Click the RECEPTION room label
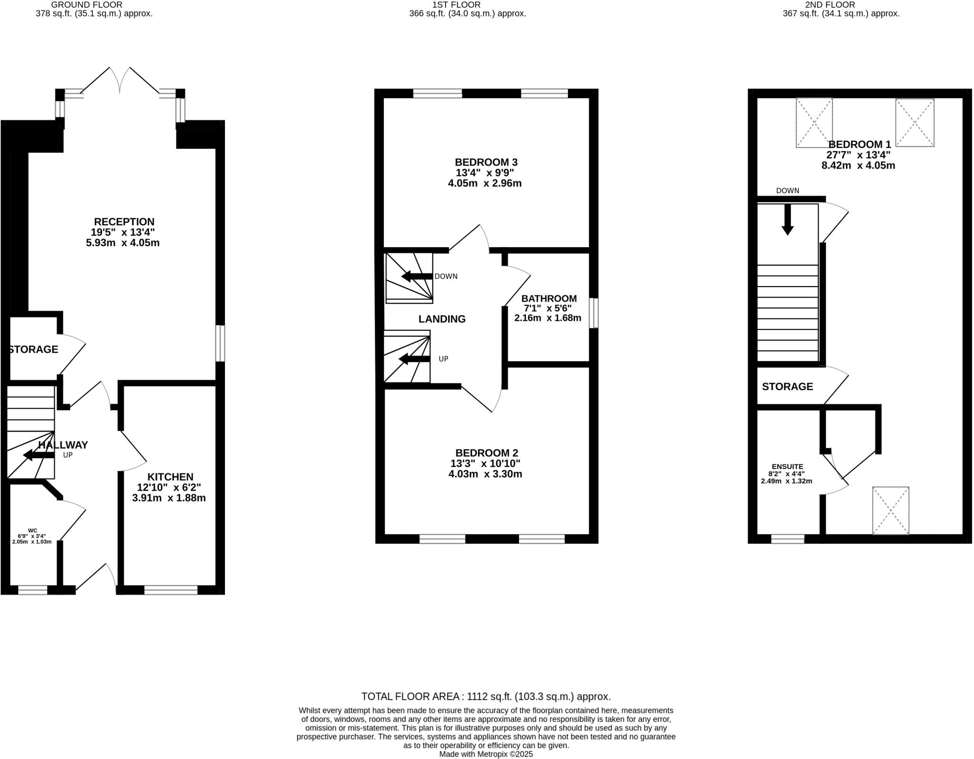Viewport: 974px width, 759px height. click(x=124, y=221)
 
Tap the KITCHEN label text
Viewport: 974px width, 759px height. click(x=170, y=477)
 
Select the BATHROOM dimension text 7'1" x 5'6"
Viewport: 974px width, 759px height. click(x=547, y=308)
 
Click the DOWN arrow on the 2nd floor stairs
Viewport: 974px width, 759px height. click(x=788, y=220)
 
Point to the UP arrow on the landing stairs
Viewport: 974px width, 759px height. click(x=414, y=359)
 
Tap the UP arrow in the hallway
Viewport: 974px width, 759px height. click(x=39, y=455)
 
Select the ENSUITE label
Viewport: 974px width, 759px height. click(x=787, y=467)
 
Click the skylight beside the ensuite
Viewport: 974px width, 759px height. click(x=890, y=510)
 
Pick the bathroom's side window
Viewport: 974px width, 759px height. click(x=593, y=313)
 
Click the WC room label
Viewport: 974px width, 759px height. click(x=32, y=530)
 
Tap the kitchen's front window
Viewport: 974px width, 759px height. click(x=171, y=590)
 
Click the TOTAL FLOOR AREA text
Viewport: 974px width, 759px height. click(x=486, y=696)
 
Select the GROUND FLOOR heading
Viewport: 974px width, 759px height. click(x=87, y=5)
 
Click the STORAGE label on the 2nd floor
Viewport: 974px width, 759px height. click(x=787, y=386)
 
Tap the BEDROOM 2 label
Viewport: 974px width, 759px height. click(x=487, y=452)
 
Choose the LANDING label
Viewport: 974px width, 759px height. click(x=442, y=319)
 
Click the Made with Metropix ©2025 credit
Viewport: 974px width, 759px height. click(x=486, y=754)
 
